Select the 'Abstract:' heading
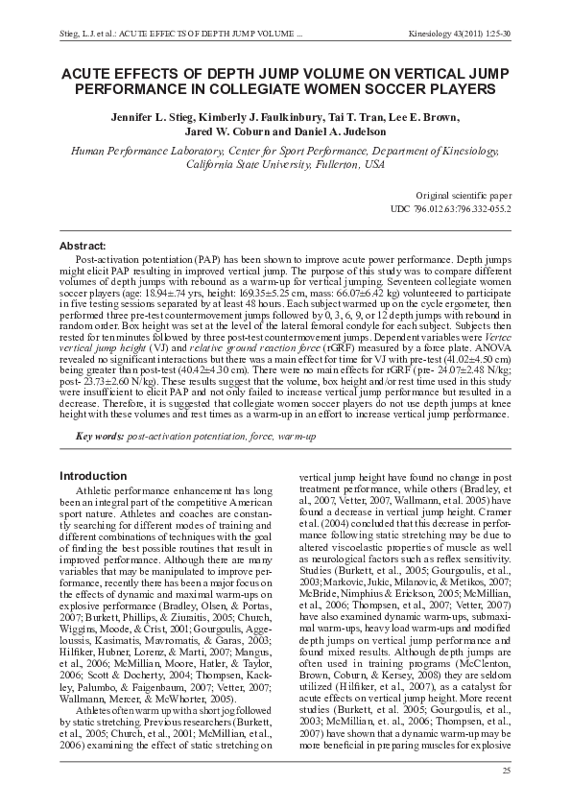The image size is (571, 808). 84,247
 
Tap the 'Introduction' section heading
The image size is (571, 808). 93,476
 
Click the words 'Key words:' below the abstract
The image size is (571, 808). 101,437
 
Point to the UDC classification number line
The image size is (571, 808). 451,208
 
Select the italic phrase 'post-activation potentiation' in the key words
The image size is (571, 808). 186,437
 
